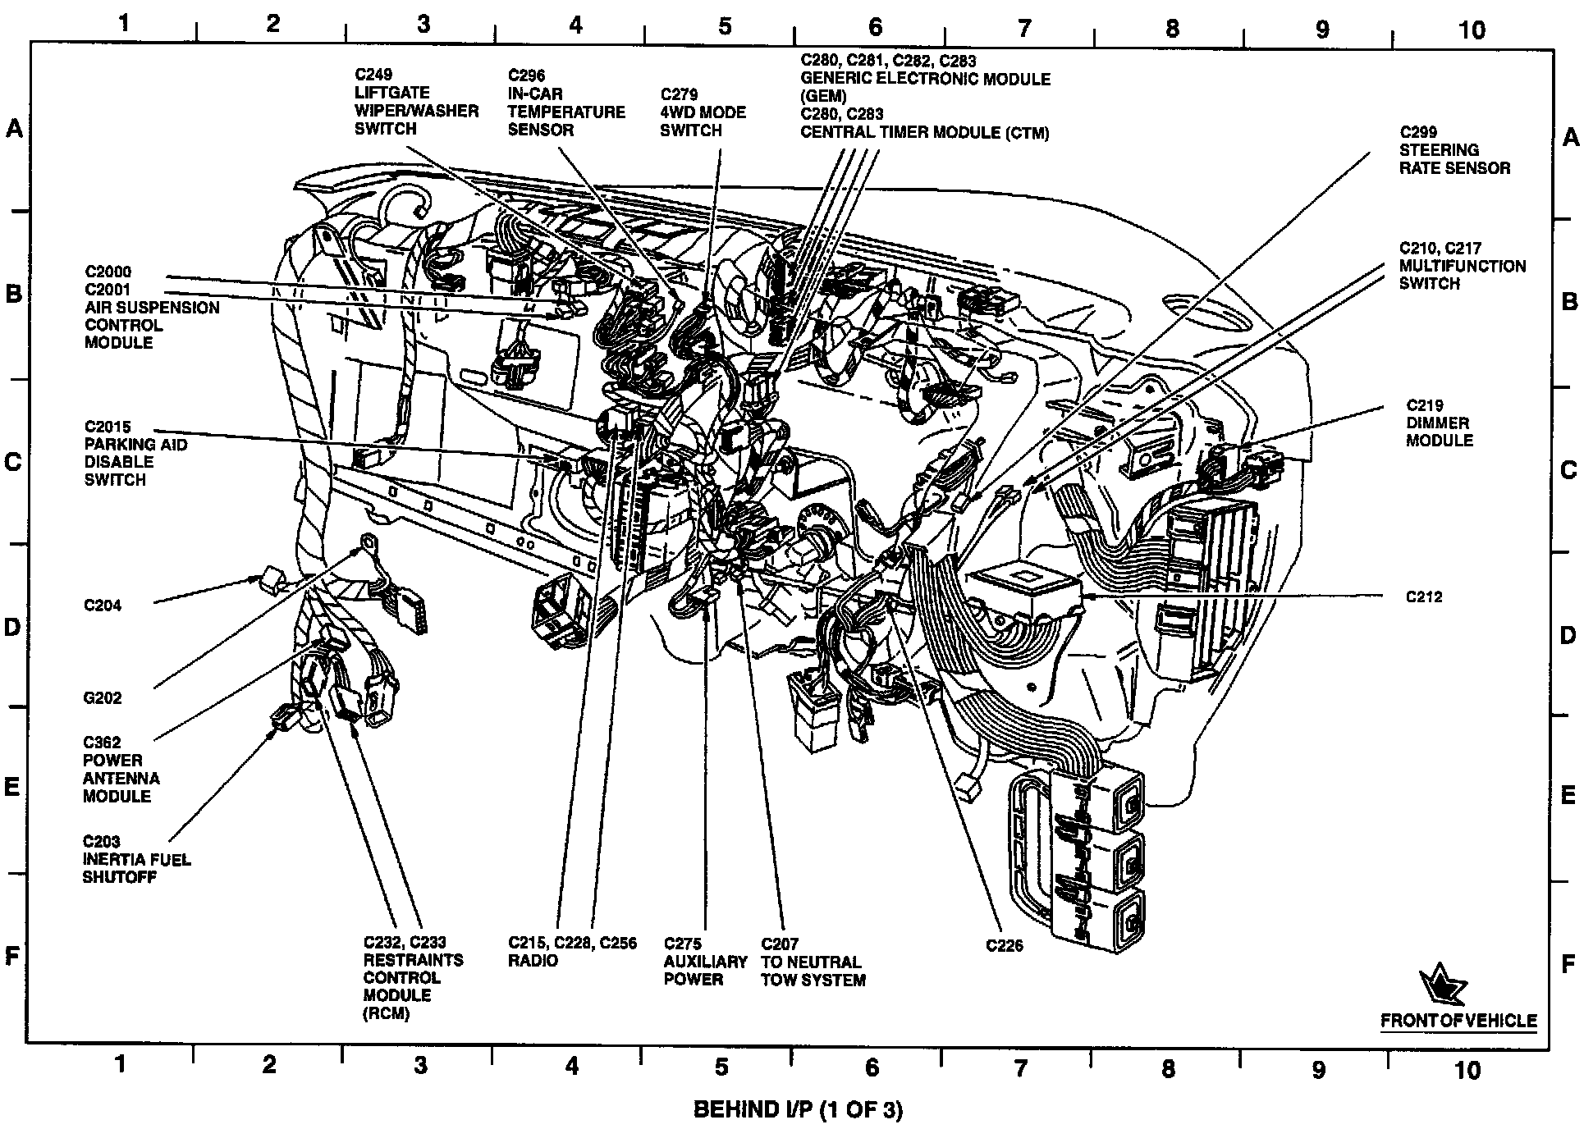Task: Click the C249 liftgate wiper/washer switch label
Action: click(x=415, y=102)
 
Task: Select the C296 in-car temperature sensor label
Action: click(x=565, y=102)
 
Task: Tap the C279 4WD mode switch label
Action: click(x=703, y=112)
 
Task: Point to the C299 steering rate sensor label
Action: click(x=1454, y=150)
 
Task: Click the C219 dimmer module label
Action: click(x=1439, y=423)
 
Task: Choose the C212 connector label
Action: click(x=1423, y=597)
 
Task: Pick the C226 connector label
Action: click(x=1005, y=946)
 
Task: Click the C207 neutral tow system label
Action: click(x=813, y=962)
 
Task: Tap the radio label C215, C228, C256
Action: click(x=572, y=952)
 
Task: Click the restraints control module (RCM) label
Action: click(x=413, y=978)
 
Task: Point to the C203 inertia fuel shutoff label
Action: click(x=136, y=859)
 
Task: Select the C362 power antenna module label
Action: click(x=121, y=770)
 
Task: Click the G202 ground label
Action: click(x=103, y=698)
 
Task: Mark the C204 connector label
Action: click(x=103, y=606)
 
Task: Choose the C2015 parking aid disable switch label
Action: click(x=135, y=453)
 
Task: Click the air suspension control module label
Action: click(x=152, y=307)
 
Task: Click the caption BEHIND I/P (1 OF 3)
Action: click(x=798, y=1110)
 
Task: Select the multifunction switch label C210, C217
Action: click(x=1462, y=266)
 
